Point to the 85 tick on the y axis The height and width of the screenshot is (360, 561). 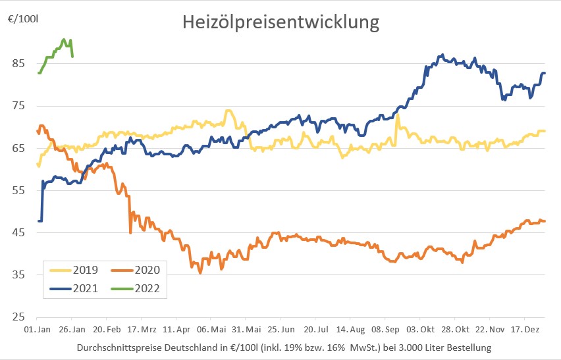[x=18, y=63]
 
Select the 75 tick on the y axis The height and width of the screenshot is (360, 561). [x=18, y=105]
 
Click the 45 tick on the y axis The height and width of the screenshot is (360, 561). [x=18, y=232]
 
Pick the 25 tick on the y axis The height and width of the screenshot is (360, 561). [x=18, y=317]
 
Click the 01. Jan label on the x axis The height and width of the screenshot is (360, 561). [x=37, y=328]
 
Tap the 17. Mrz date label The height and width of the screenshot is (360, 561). [x=143, y=328]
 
